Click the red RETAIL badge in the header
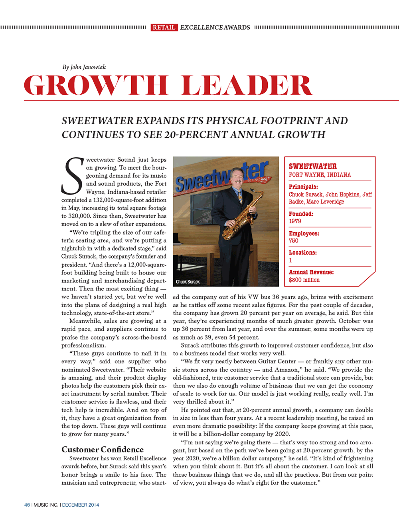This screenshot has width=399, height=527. click(164, 27)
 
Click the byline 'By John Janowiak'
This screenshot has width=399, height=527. click(84, 67)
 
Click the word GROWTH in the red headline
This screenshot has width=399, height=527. click(96, 85)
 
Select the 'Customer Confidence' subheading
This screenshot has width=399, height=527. click(103, 449)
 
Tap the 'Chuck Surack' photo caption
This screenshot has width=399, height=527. click(188, 282)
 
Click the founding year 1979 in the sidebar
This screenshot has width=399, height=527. click(295, 221)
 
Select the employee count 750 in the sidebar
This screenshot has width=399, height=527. click(294, 241)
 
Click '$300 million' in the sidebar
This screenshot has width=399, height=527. click(304, 280)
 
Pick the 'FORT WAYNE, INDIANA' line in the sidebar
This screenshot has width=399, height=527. click(320, 175)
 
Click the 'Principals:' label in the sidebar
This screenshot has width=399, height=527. click(303, 187)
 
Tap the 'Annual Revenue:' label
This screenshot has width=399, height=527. click(311, 272)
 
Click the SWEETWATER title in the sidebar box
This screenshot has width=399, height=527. click(313, 166)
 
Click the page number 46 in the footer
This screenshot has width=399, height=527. click(27, 505)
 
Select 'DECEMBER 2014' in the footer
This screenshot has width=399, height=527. click(81, 505)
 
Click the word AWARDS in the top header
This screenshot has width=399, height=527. click(237, 27)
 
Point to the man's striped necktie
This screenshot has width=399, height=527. click(240, 196)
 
